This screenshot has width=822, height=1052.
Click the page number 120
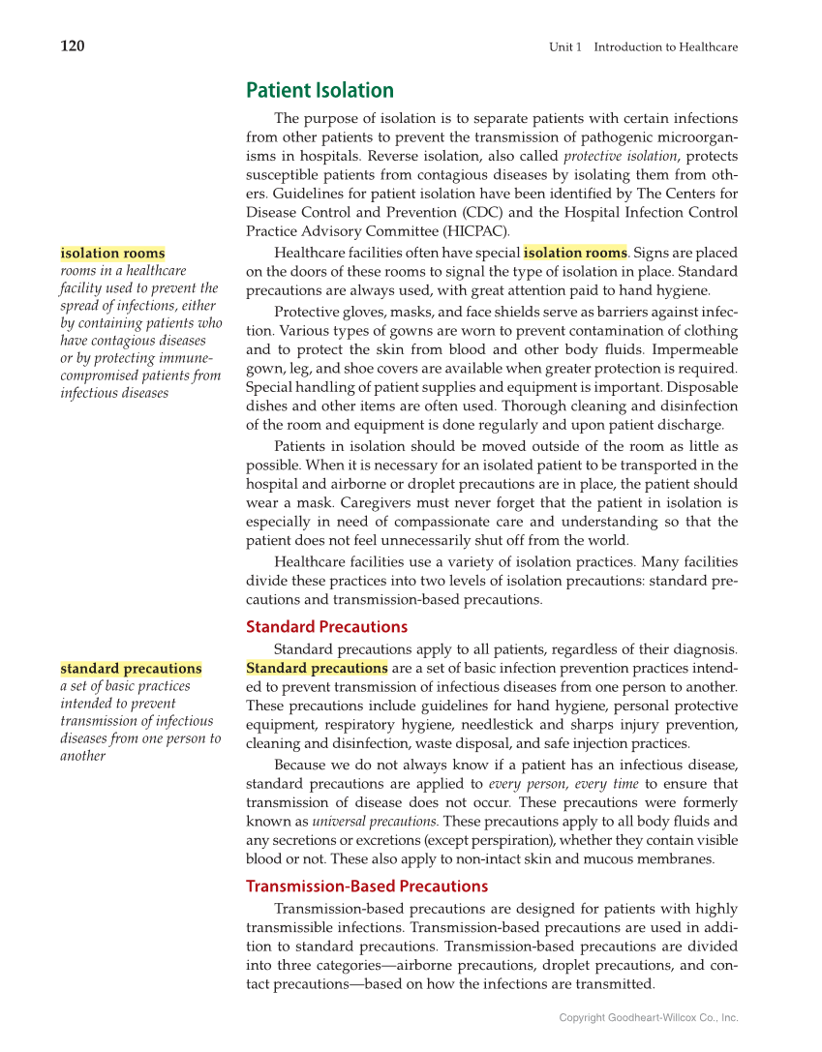[73, 46]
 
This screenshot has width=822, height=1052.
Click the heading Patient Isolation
[320, 91]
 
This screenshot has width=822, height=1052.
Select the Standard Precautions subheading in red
[326, 626]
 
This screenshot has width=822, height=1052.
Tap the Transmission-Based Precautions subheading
[366, 886]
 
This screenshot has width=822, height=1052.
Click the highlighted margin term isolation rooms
[112, 254]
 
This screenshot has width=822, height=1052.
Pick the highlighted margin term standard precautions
[131, 669]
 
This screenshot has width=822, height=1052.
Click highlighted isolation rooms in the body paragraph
[575, 253]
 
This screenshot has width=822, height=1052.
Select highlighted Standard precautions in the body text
[317, 668]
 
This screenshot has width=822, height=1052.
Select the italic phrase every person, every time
[563, 784]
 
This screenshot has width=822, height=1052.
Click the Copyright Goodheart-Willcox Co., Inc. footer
[649, 1017]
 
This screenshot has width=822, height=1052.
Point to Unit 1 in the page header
[565, 46]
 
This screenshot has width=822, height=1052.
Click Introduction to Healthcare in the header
[665, 46]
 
